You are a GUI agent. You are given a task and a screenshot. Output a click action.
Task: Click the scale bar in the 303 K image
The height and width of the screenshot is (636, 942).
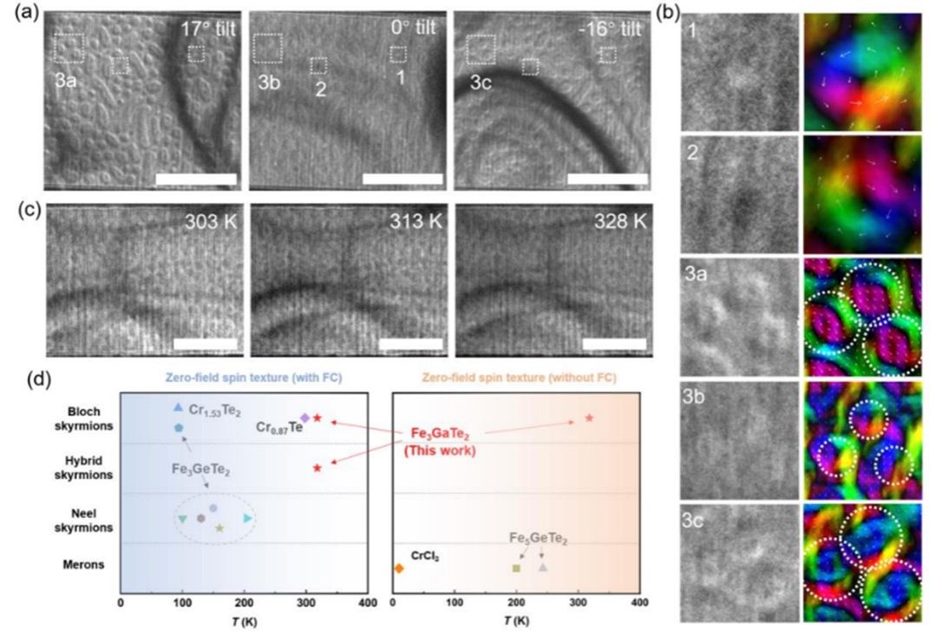(x=205, y=344)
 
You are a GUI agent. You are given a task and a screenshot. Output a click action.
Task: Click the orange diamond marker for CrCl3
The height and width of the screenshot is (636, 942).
(x=399, y=568)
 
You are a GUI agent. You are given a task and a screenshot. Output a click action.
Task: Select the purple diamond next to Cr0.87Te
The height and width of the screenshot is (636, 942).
(x=304, y=418)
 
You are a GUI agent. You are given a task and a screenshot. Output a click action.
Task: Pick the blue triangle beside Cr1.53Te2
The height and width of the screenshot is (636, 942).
(x=178, y=407)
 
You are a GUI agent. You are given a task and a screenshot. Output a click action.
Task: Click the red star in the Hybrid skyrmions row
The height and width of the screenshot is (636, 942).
(x=317, y=469)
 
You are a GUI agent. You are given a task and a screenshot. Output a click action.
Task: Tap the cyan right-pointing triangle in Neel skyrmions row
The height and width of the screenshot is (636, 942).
(x=248, y=518)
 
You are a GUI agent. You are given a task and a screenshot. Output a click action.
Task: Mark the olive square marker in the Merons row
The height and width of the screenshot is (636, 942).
(x=516, y=568)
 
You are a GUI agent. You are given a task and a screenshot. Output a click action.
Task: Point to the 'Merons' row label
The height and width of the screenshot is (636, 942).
(x=84, y=565)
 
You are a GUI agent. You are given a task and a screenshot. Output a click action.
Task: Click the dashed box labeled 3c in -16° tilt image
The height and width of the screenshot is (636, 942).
(x=480, y=49)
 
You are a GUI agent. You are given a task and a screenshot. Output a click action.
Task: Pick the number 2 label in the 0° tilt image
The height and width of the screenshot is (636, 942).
(x=320, y=87)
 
